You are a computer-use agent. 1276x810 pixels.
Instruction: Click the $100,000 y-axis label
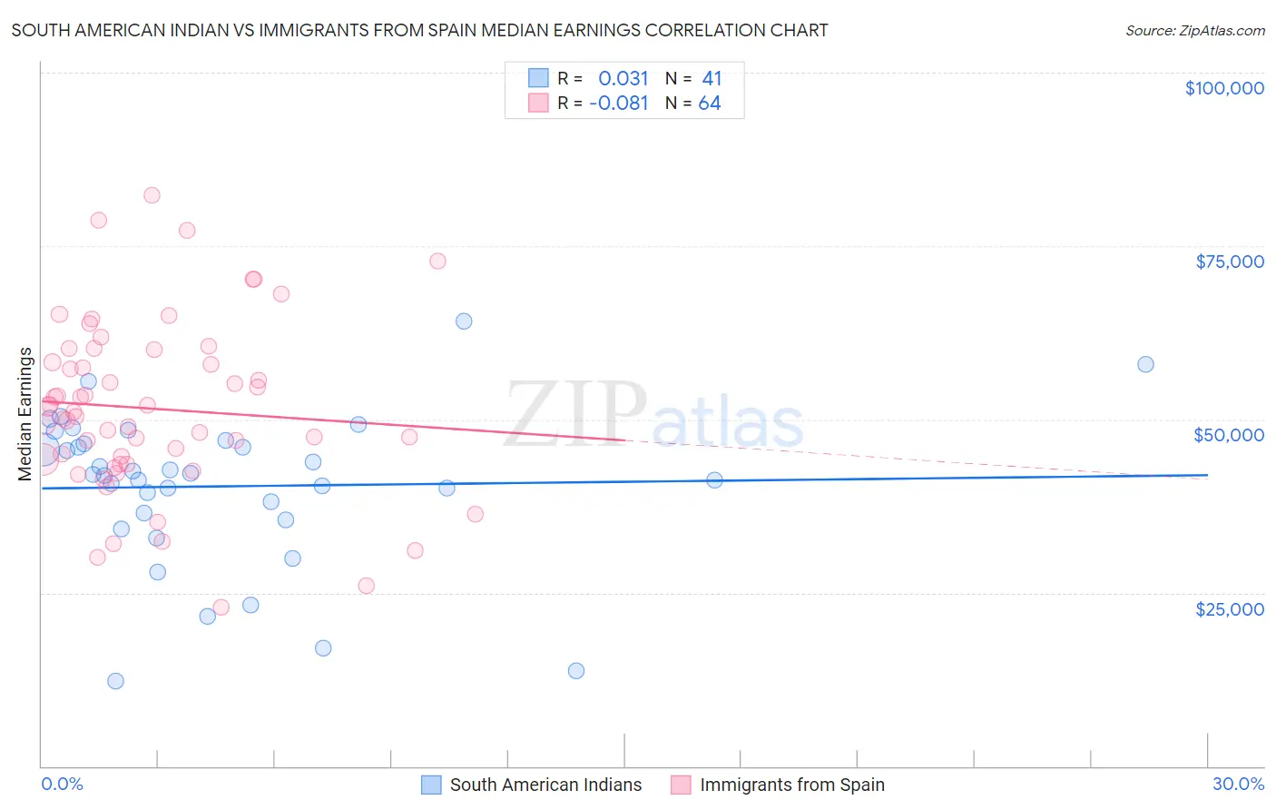1223,88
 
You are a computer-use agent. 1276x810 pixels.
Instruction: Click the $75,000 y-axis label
1229,262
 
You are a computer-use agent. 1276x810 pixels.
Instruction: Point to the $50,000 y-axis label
1228,435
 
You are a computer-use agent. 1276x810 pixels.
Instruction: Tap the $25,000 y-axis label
1229,608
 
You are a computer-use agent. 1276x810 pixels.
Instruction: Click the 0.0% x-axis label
62,784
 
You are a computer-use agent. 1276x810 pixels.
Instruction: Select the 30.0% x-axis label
1238,784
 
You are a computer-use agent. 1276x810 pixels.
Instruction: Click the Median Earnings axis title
25,414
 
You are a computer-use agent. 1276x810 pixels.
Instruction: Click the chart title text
419,30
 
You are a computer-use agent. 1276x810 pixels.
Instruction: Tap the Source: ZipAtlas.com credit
1194,30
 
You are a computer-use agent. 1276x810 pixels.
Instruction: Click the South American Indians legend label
545,785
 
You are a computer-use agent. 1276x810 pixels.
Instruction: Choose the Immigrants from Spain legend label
791,785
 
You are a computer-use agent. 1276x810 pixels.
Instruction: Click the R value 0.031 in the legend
623,78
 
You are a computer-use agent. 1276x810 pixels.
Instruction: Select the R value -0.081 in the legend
619,104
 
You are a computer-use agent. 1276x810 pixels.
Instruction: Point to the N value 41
712,78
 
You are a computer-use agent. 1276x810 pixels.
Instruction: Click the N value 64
710,104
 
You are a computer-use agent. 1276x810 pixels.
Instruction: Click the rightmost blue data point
1145,364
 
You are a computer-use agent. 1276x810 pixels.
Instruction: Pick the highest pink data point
152,195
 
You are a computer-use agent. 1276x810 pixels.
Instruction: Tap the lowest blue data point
115,681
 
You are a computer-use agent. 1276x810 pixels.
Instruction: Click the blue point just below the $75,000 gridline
464,321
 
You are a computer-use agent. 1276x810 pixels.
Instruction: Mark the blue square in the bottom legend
431,785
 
